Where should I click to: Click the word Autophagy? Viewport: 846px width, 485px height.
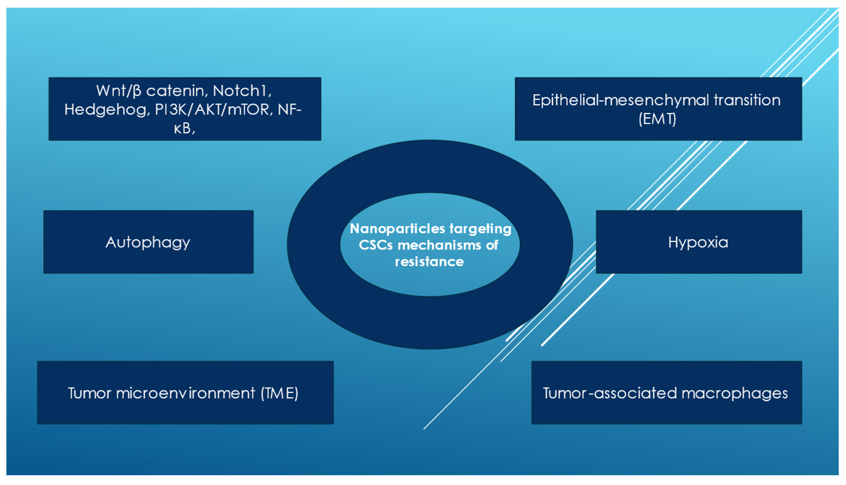point(148,243)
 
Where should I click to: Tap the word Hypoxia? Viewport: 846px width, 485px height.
point(698,243)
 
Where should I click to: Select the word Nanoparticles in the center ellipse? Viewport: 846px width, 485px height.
point(397,229)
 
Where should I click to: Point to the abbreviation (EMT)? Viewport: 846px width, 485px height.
point(657,119)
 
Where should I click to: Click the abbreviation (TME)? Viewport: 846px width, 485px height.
point(279,393)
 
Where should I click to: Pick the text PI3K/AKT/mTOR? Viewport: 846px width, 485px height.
point(212,110)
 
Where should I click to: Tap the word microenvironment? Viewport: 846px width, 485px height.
point(185,393)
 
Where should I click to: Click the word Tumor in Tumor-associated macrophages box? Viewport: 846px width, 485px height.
point(564,393)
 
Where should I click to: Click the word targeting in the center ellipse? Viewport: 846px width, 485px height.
point(480,229)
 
